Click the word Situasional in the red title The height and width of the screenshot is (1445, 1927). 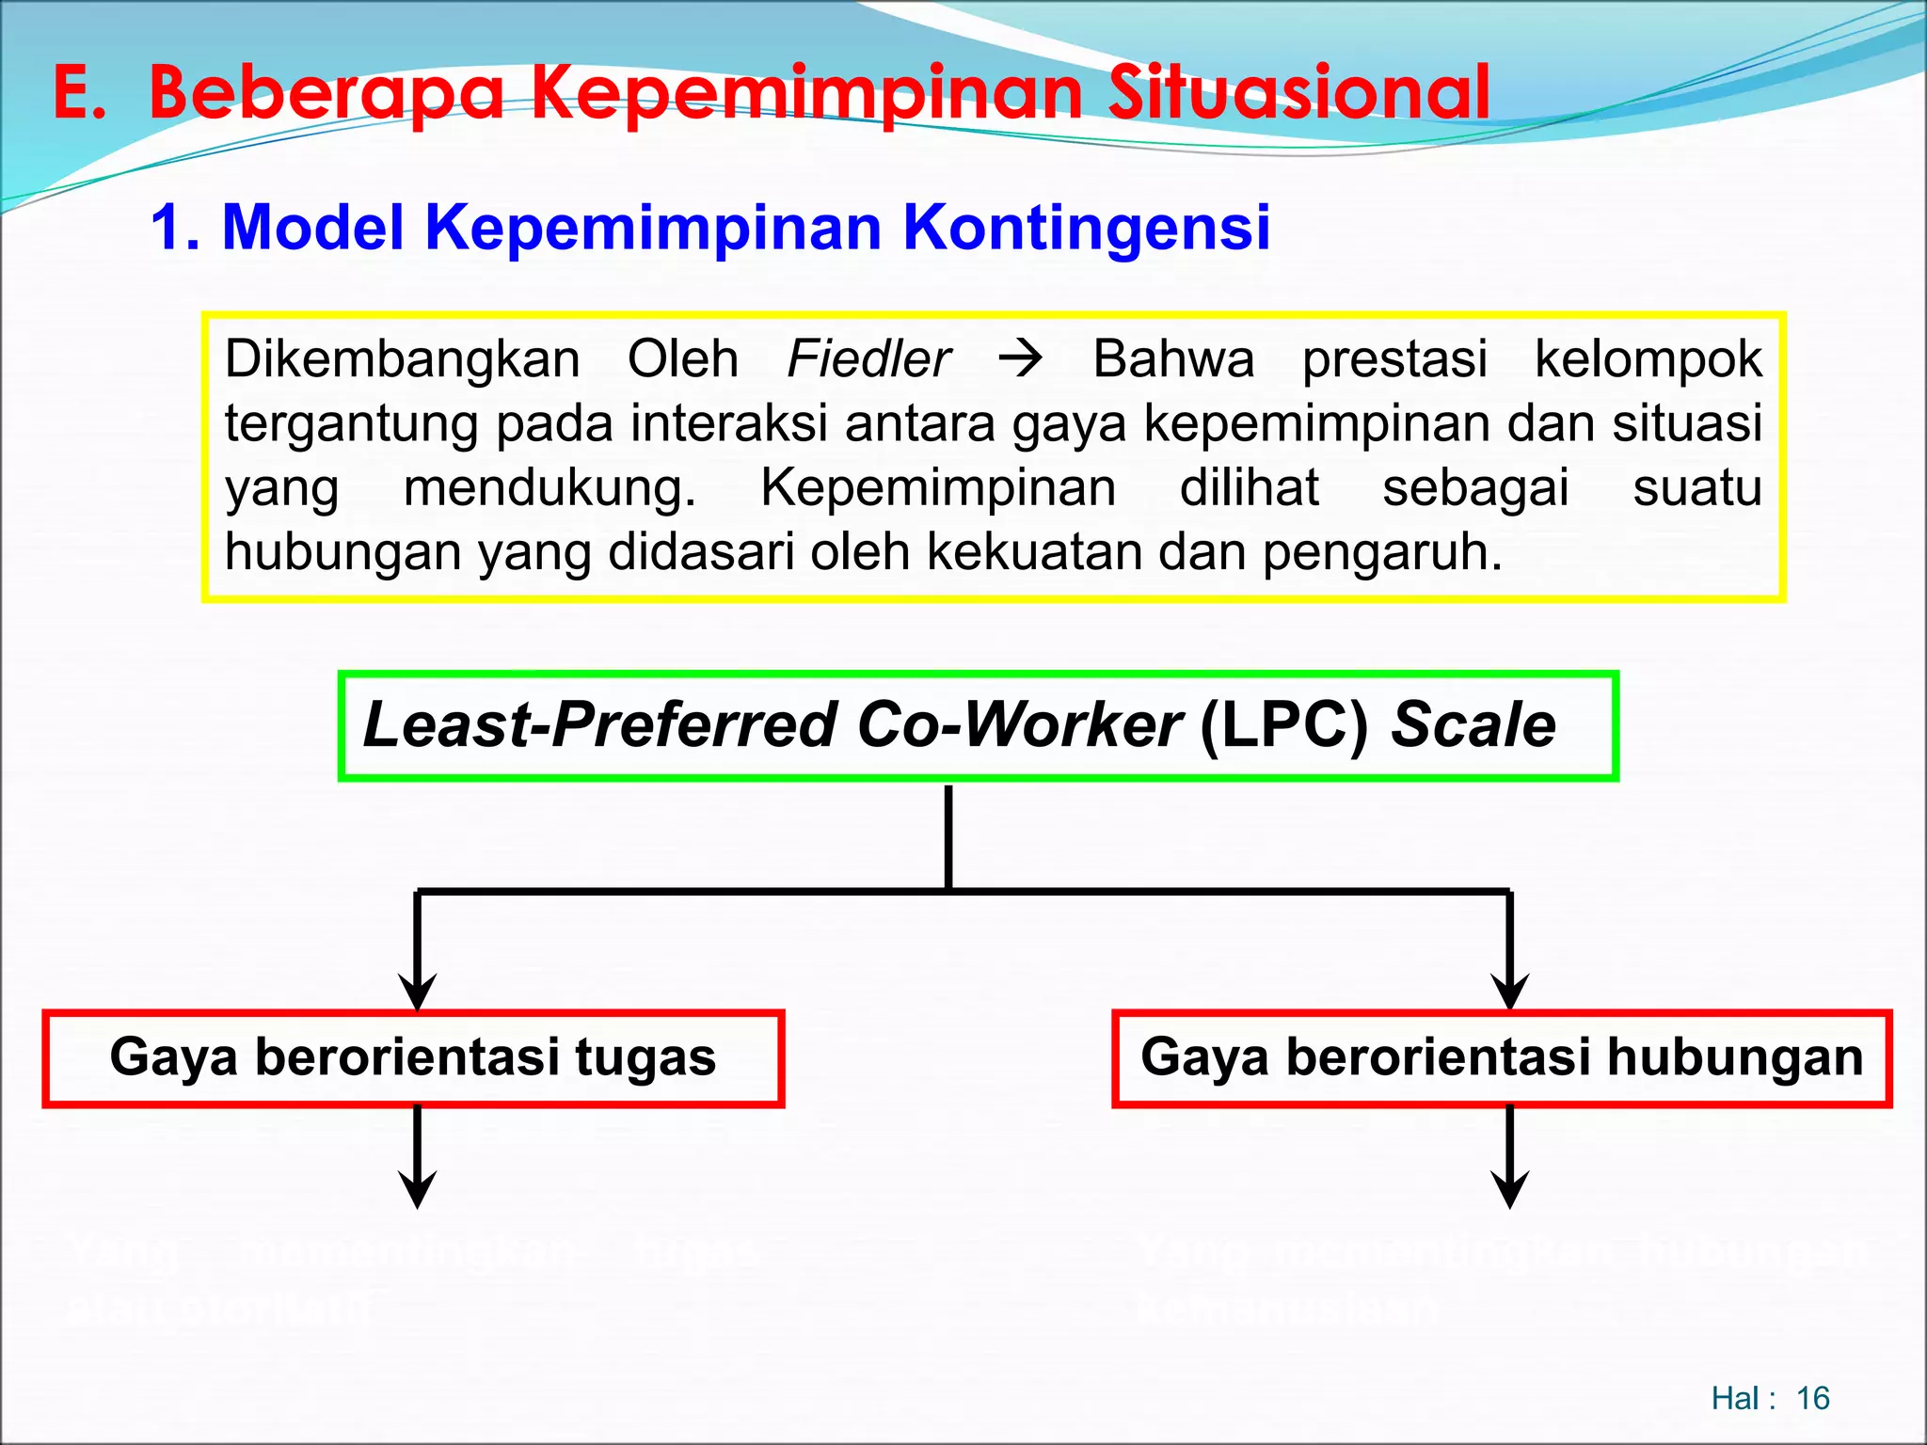1298,93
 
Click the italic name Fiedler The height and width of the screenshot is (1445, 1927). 868,359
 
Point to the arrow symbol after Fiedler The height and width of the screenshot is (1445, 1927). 1021,359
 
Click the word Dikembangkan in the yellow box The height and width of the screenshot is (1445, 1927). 402,359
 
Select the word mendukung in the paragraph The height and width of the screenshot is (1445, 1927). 549,488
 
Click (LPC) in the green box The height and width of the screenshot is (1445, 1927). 1284,725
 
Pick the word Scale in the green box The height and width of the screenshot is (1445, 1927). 1473,725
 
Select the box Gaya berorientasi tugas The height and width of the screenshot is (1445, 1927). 413,1057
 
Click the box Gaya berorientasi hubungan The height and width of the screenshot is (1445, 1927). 1502,1057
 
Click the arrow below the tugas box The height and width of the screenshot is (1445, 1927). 417,1157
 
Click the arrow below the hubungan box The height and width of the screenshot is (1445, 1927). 1509,1157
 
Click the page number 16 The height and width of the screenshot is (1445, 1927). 1812,1398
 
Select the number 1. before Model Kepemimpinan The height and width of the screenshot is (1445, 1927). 175,228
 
